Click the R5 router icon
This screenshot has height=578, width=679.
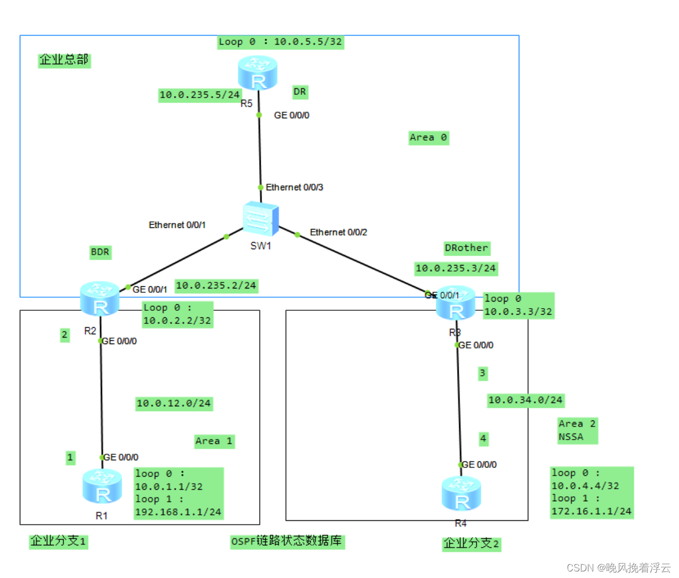click(x=258, y=73)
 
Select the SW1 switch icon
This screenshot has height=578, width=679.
click(x=261, y=219)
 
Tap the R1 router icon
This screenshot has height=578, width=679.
click(x=102, y=486)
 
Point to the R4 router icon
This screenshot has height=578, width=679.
click(x=461, y=493)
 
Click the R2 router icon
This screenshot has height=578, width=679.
click(x=100, y=298)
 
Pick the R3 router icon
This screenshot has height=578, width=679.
click(x=455, y=303)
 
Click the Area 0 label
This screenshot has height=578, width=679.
click(x=428, y=137)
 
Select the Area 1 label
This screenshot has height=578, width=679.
click(x=214, y=441)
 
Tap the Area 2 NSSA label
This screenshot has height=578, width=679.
click(x=577, y=430)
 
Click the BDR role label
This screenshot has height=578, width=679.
click(x=100, y=252)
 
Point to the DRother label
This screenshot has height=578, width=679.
click(x=466, y=248)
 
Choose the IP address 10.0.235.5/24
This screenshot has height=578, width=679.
click(x=200, y=95)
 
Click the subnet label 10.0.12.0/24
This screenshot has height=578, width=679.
click(x=173, y=404)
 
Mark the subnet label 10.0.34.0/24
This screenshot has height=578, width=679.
click(x=525, y=400)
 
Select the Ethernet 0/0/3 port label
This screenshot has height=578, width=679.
click(x=295, y=188)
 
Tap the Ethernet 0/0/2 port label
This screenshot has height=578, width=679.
click(x=338, y=232)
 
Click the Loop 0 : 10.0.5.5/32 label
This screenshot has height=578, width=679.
click(x=280, y=42)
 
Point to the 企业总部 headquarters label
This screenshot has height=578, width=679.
click(x=64, y=60)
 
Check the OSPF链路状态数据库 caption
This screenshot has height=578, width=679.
click(x=287, y=541)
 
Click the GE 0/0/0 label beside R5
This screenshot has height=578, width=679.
click(x=291, y=116)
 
